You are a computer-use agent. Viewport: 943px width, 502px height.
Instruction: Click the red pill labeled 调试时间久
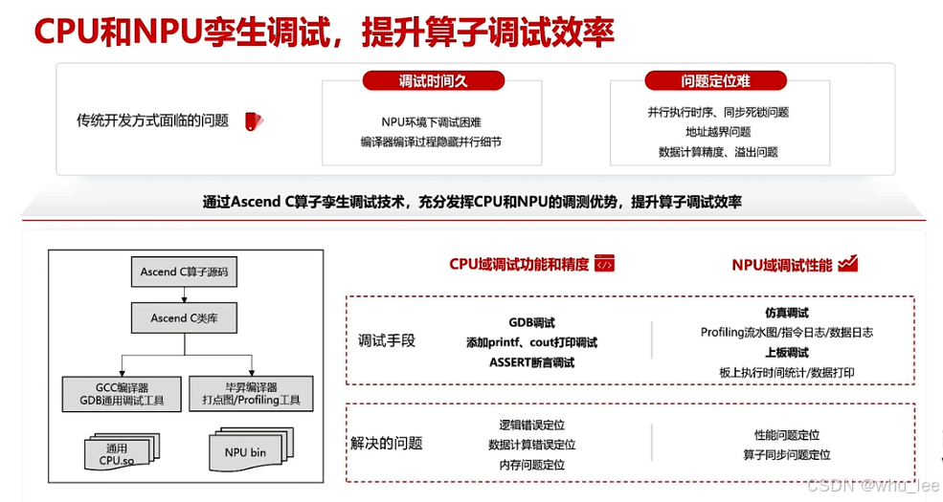433,81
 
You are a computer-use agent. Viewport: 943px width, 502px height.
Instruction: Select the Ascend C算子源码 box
184,272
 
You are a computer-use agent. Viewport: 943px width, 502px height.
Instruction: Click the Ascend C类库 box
184,317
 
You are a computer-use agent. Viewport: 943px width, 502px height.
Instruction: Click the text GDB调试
531,323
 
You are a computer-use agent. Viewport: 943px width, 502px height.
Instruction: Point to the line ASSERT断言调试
531,362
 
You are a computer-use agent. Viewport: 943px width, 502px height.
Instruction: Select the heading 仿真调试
787,313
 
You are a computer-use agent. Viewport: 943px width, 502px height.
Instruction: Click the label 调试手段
387,340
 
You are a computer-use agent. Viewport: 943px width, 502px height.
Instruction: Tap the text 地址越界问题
718,132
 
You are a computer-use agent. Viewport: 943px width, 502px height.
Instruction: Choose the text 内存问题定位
531,465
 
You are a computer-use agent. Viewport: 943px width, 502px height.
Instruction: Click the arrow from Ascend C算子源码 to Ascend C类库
184,295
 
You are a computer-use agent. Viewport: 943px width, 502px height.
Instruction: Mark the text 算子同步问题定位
786,455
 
